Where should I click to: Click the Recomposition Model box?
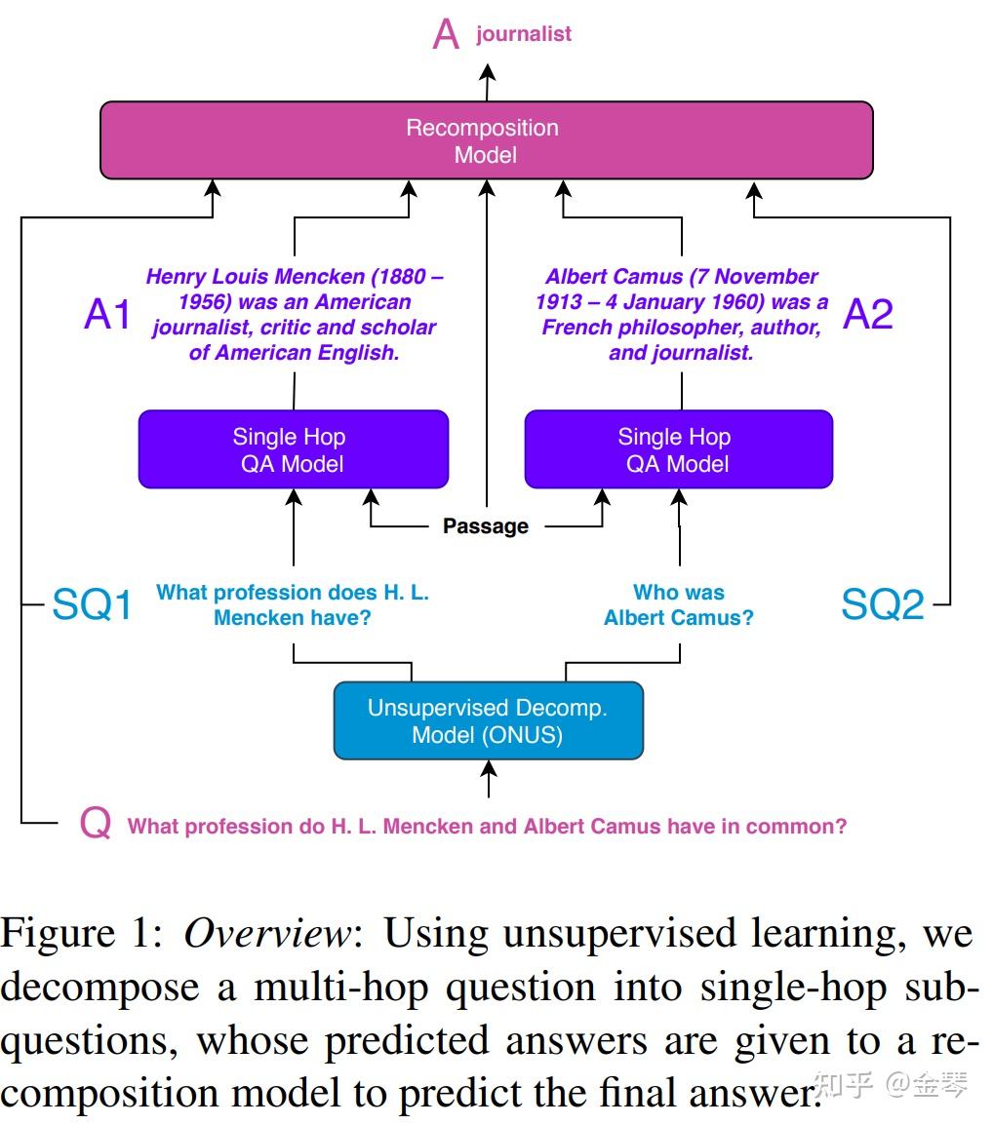[x=486, y=140]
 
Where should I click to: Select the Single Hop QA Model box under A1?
[x=293, y=449]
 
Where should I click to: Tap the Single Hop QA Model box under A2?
[x=679, y=449]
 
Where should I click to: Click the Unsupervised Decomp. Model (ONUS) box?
[x=489, y=720]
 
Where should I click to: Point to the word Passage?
[x=486, y=526]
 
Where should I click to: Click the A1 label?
[x=107, y=314]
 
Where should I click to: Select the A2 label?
[x=868, y=314]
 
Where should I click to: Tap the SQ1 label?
[x=93, y=604]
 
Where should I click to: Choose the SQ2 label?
[x=883, y=604]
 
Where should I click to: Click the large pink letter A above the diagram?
[x=446, y=34]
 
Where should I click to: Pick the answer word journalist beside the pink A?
[x=524, y=34]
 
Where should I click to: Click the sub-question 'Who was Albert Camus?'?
[x=679, y=604]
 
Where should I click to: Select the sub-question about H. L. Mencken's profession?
[x=293, y=604]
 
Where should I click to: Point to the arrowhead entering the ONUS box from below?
[x=489, y=768]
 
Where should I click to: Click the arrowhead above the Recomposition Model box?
[x=488, y=72]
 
